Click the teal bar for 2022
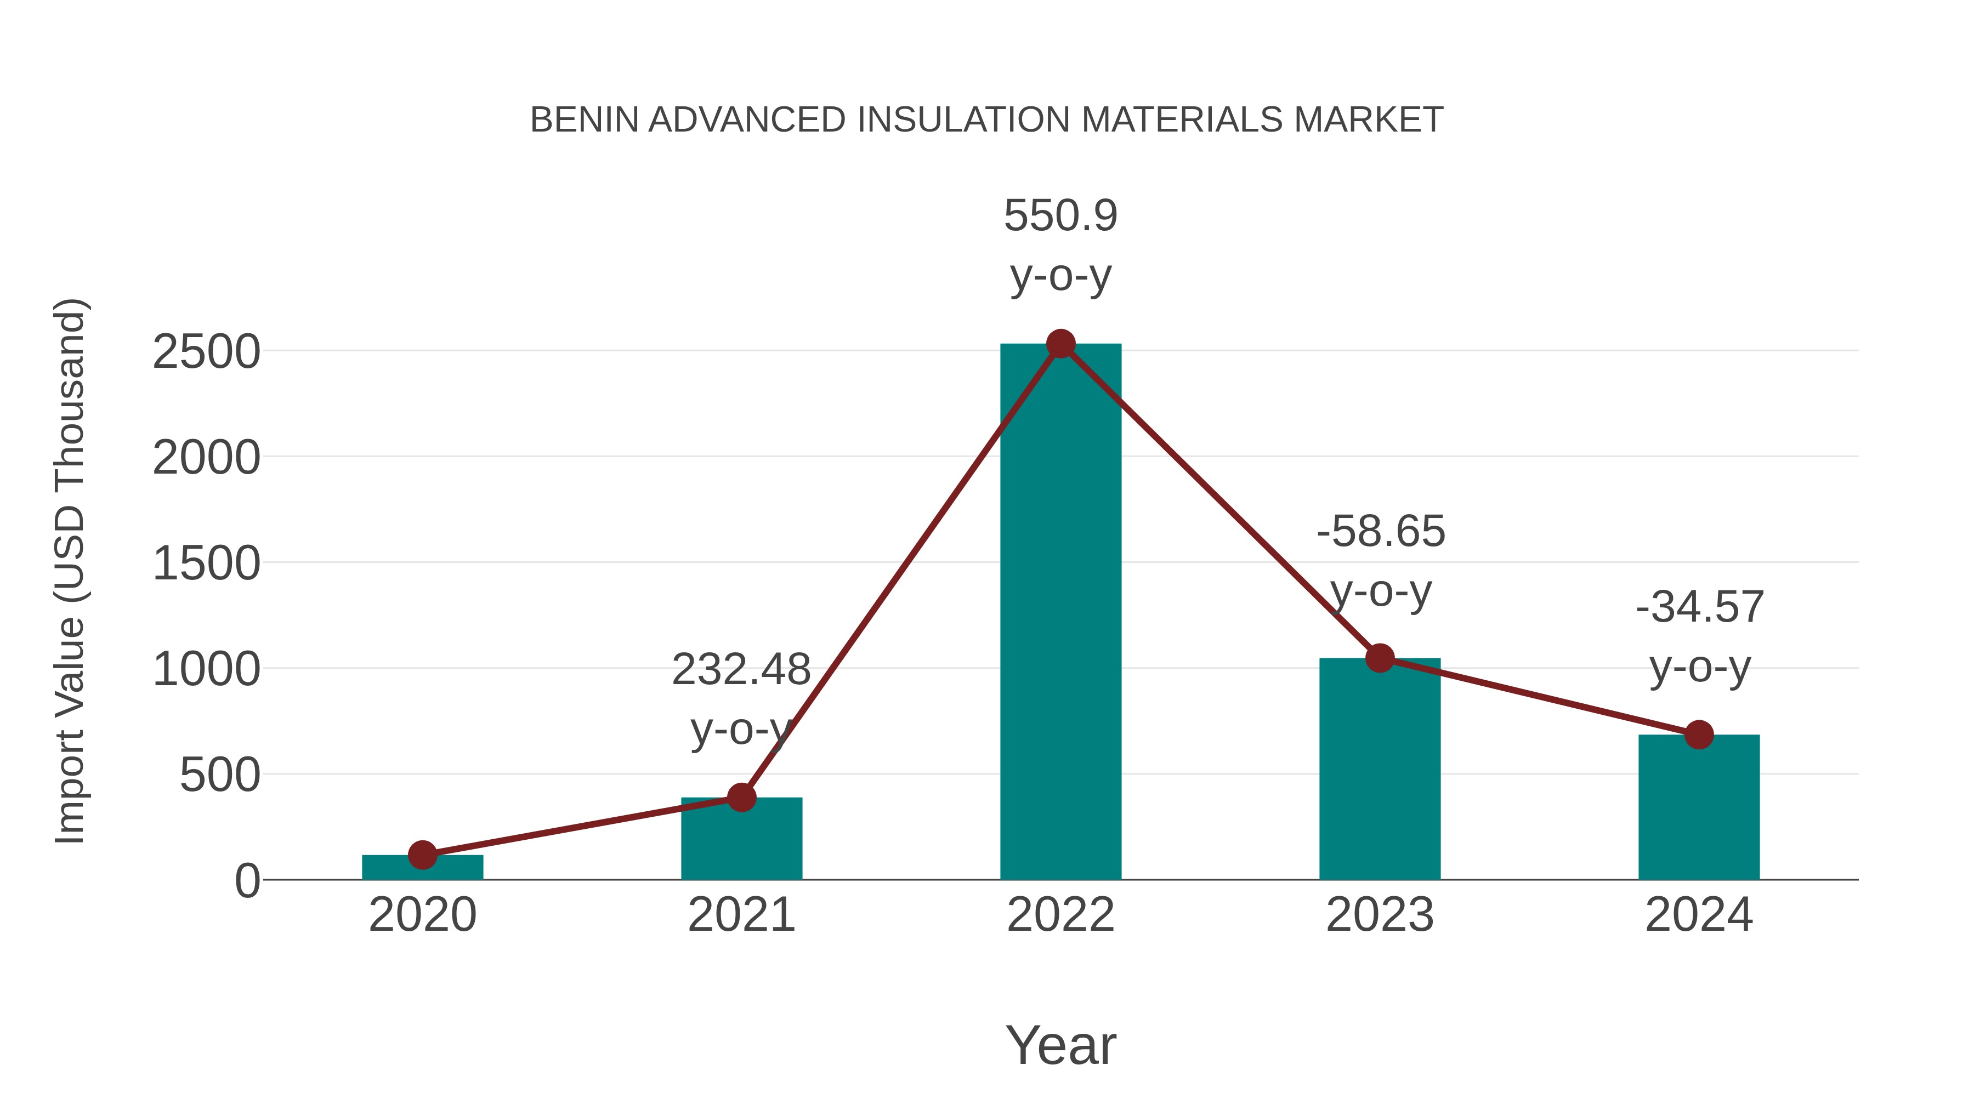1060,613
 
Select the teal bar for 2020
422,868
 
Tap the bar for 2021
741,839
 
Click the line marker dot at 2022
1060,344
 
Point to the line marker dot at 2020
422,855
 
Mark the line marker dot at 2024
1699,735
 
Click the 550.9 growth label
1060,215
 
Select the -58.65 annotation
1381,532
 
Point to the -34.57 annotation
1700,607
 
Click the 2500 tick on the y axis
207,352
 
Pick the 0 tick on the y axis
247,881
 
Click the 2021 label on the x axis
741,915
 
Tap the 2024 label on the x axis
1699,915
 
